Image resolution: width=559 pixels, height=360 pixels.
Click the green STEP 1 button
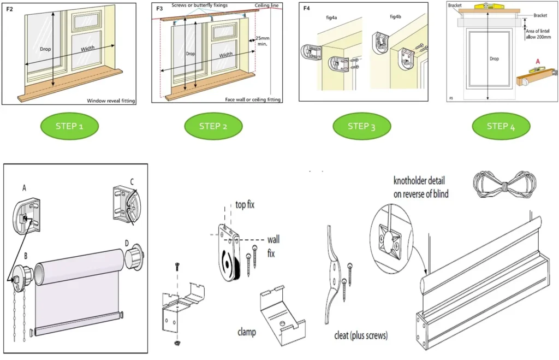[x=69, y=126]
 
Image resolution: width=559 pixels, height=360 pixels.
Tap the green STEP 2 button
[x=213, y=126]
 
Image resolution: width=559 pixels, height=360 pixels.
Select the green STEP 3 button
[x=361, y=126]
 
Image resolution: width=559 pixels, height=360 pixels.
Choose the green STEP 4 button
[x=501, y=126]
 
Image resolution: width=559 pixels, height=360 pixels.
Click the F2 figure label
[x=10, y=9]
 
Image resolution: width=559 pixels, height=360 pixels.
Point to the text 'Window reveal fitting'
[x=111, y=100]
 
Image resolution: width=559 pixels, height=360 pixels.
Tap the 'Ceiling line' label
[x=268, y=5]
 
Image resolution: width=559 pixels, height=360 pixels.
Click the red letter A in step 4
[x=538, y=62]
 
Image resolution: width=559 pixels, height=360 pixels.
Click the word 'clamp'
[x=247, y=332]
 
